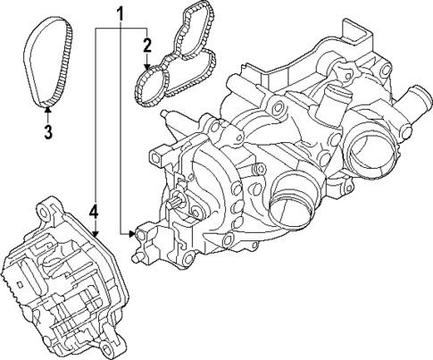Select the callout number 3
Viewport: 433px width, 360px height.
pyautogui.click(x=48, y=133)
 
